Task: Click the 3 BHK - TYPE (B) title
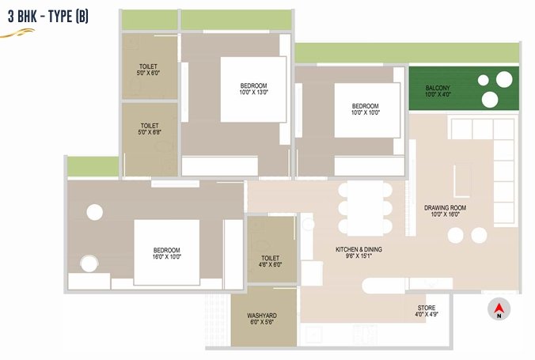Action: tap(48, 17)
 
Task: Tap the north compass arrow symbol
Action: tap(499, 308)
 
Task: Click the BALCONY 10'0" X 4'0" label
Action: tap(438, 91)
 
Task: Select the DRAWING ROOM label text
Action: tap(445, 208)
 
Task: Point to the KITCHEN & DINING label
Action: tap(359, 249)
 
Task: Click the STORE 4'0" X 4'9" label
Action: tap(427, 311)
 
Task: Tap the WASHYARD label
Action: tap(262, 316)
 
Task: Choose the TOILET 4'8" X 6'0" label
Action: tap(270, 261)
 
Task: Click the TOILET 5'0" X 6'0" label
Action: tap(148, 70)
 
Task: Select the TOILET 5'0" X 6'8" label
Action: tap(150, 129)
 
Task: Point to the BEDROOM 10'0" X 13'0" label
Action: tap(253, 89)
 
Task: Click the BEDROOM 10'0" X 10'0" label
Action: tap(366, 109)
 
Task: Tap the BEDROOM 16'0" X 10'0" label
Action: tap(166, 253)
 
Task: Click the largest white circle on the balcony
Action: tap(504, 79)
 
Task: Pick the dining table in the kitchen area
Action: tap(365, 208)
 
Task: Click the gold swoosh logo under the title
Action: tap(17, 33)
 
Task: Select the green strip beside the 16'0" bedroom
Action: tap(93, 166)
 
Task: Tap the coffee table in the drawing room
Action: tap(462, 180)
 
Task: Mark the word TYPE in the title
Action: tap(60, 17)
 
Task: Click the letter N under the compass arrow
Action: tap(499, 316)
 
